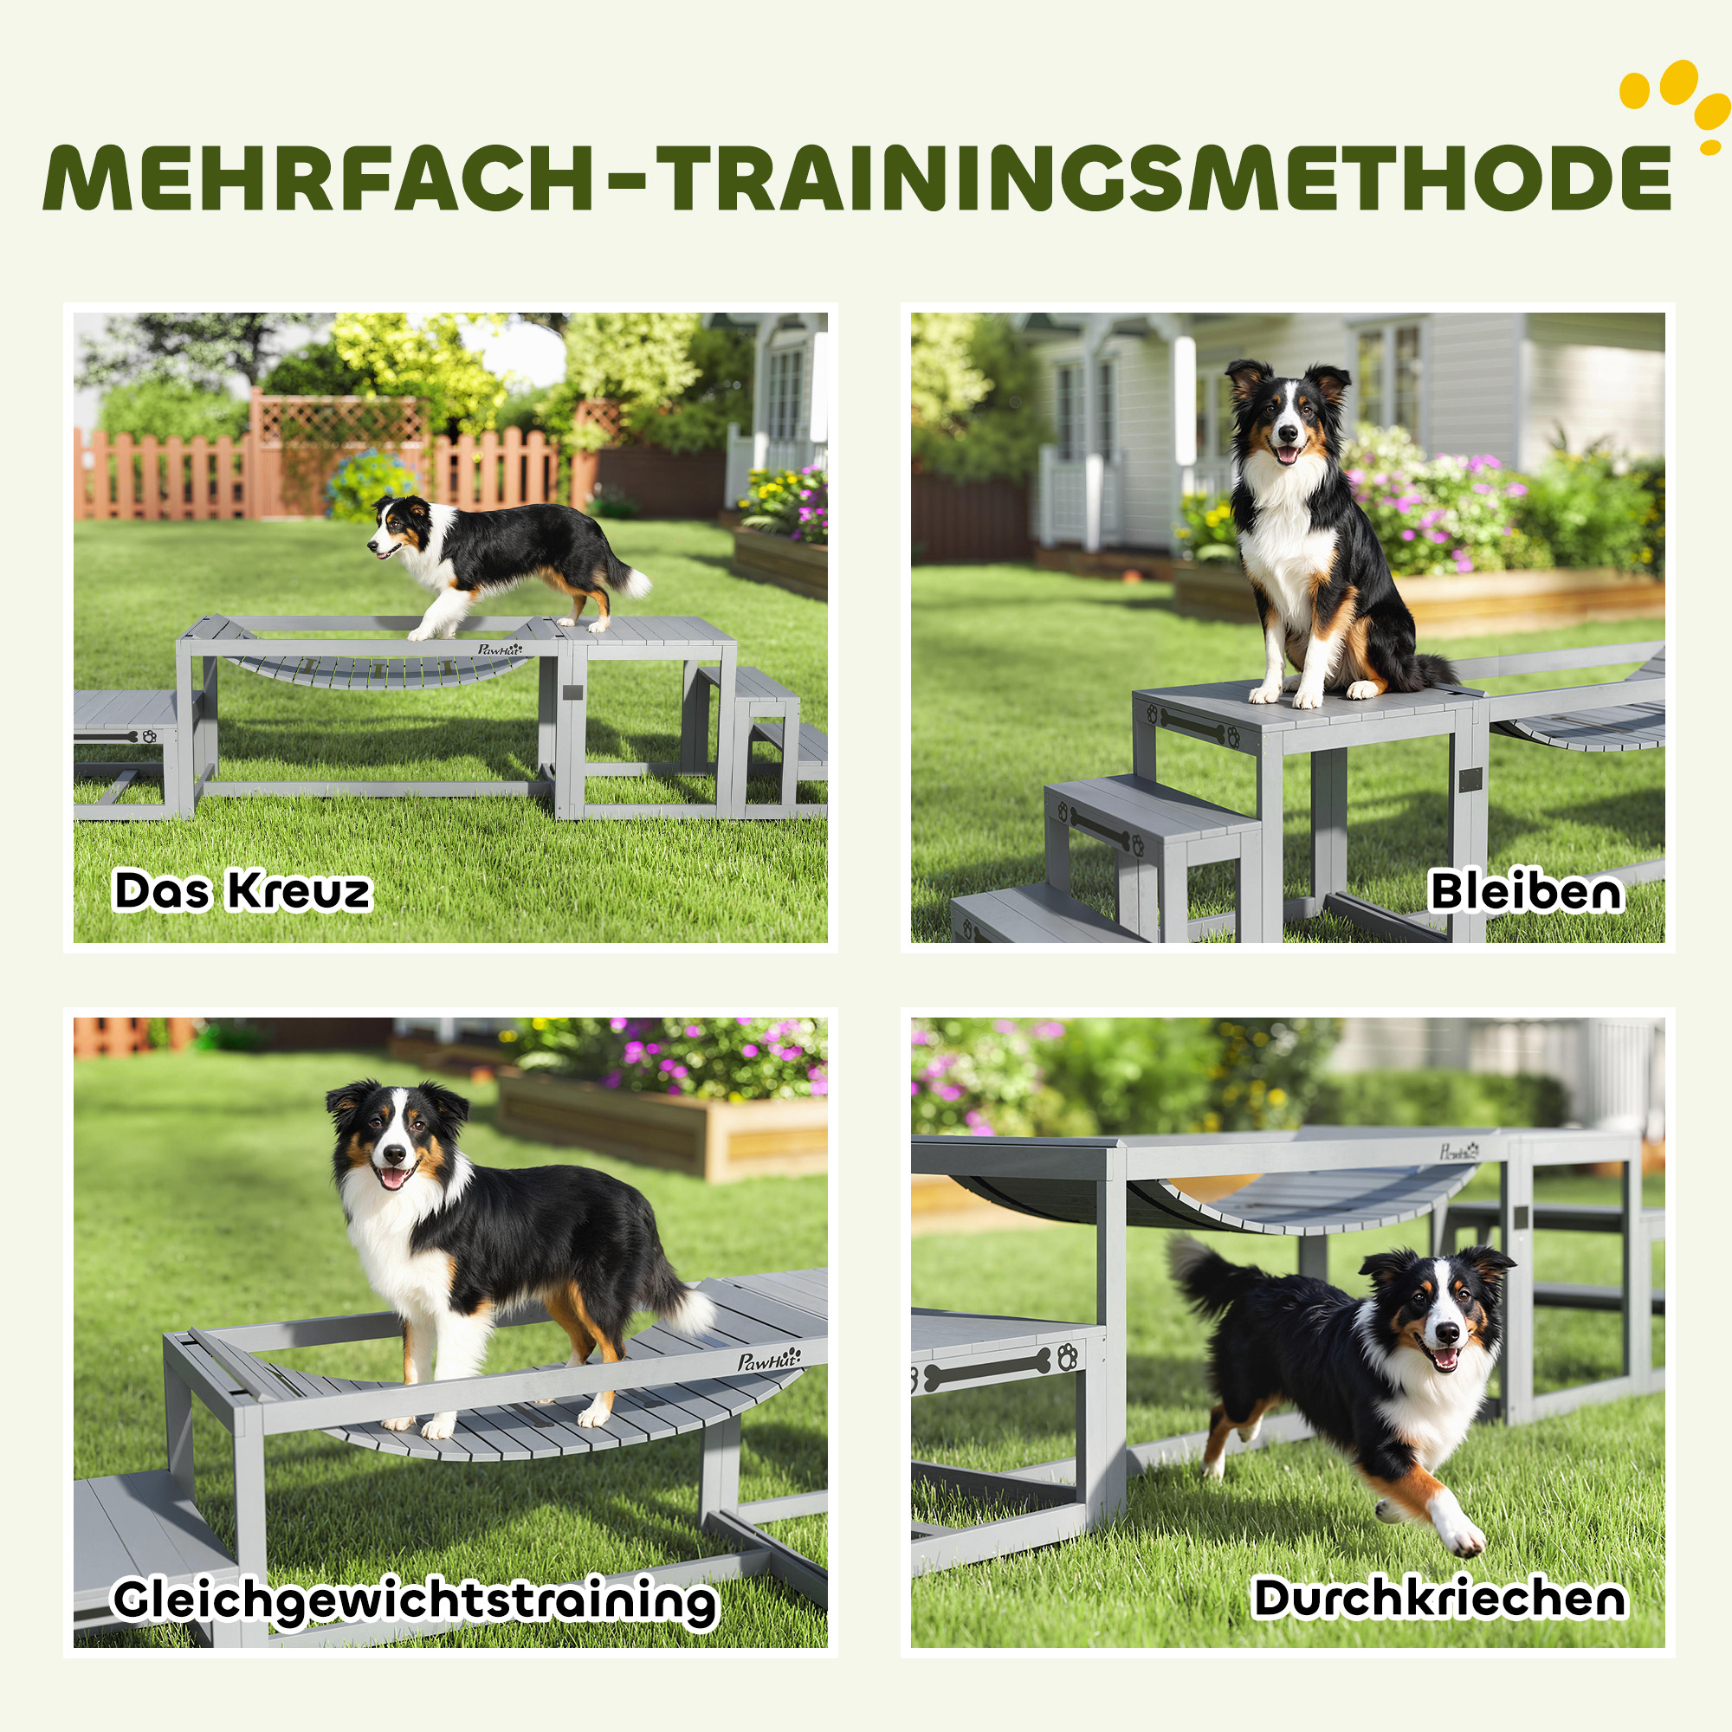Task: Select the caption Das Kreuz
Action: [x=242, y=890]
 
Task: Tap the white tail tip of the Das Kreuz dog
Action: [x=637, y=583]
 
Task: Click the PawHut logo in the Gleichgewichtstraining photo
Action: [x=768, y=1360]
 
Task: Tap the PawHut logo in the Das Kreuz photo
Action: [x=500, y=648]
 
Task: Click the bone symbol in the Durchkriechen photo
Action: [x=987, y=1369]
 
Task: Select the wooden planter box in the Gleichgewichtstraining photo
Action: [x=663, y=1132]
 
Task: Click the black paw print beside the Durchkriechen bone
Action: [x=1067, y=1356]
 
